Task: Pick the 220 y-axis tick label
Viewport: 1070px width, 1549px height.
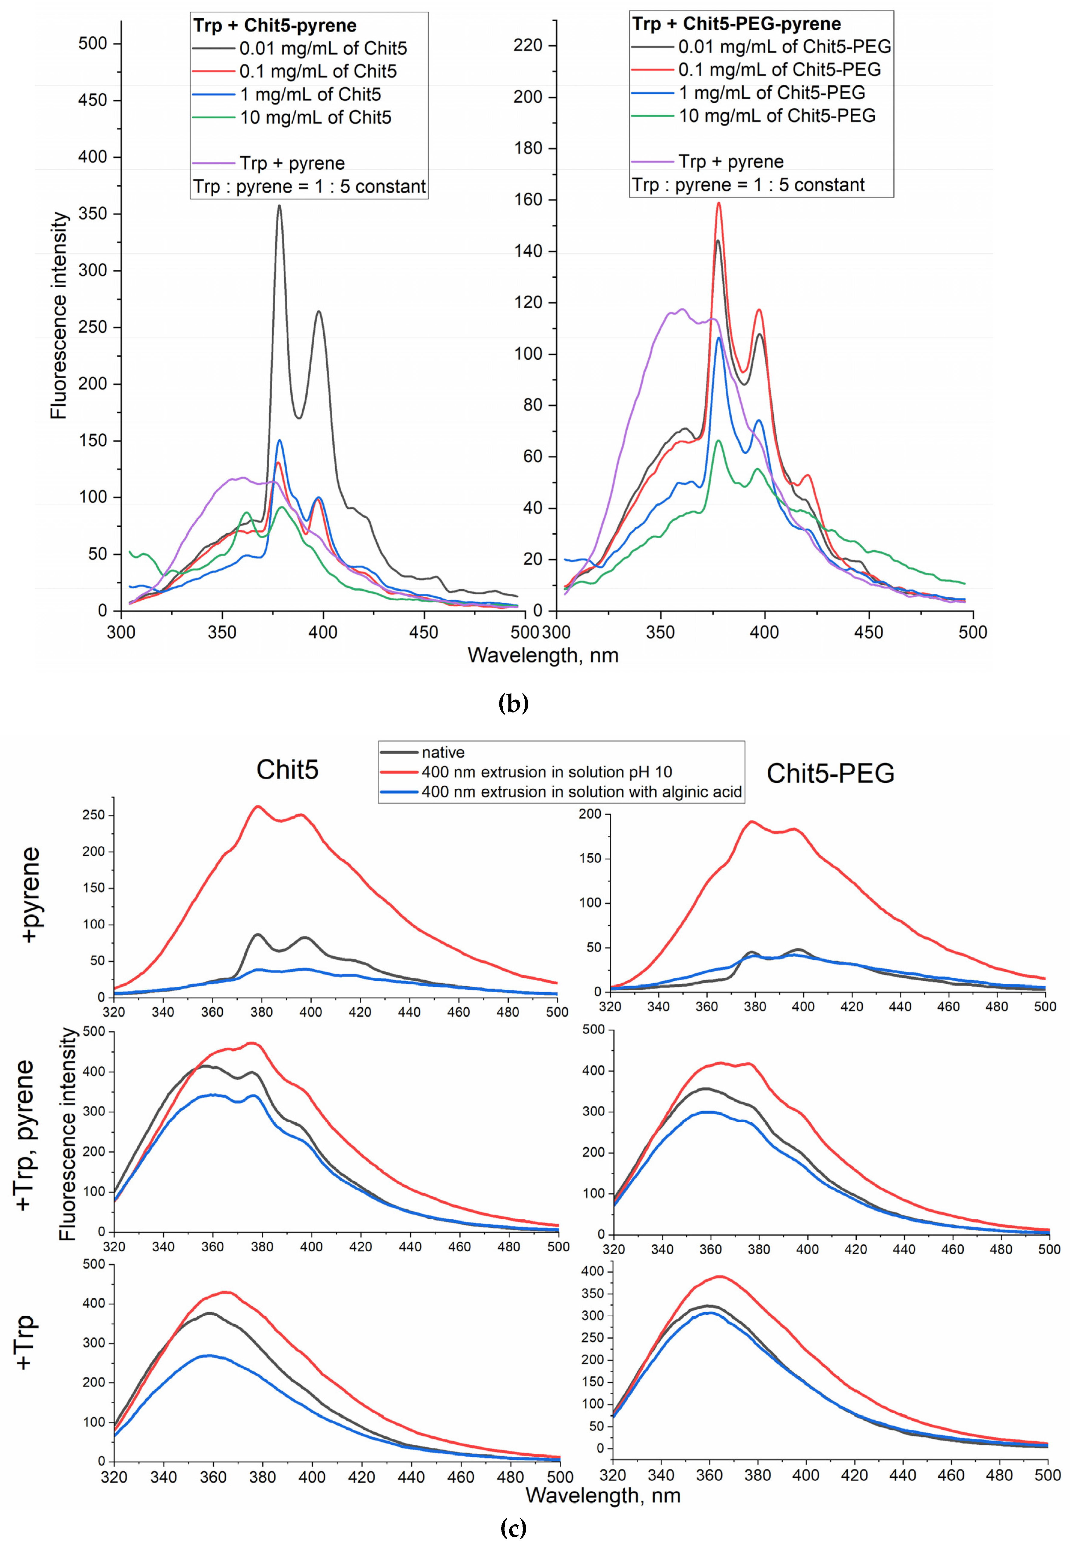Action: click(x=528, y=46)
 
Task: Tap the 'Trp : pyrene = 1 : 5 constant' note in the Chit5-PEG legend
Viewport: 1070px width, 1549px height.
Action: click(x=748, y=185)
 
